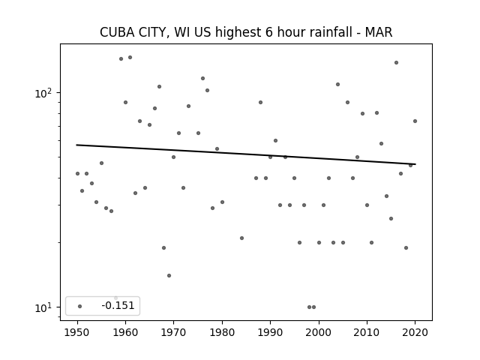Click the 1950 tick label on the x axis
(77, 332)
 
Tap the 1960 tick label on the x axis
(125, 332)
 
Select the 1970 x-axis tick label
(173, 332)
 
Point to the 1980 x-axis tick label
(222, 332)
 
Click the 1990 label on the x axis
(270, 332)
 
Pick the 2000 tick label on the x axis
(319, 332)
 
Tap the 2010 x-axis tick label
(367, 332)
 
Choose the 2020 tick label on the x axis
(415, 332)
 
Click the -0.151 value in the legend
(118, 305)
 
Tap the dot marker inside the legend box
(80, 306)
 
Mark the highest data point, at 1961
(130, 57)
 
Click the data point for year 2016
(396, 62)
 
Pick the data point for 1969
(169, 275)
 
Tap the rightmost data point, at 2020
(415, 121)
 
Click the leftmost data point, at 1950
(77, 173)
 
